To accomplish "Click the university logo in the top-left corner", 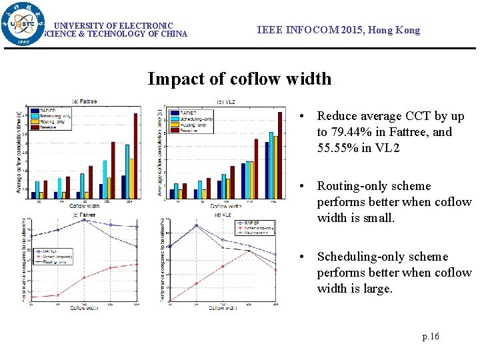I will [x=24, y=25].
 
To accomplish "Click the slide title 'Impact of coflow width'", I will [x=239, y=79].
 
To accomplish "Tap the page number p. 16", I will [x=431, y=337].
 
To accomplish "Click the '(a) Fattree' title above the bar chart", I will [x=84, y=101].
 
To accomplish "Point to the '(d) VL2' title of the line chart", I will [x=223, y=215].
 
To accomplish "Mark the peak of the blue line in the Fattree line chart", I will [x=84, y=220].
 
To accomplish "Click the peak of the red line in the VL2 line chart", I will [x=249, y=251].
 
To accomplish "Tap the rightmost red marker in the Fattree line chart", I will [x=137, y=264].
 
